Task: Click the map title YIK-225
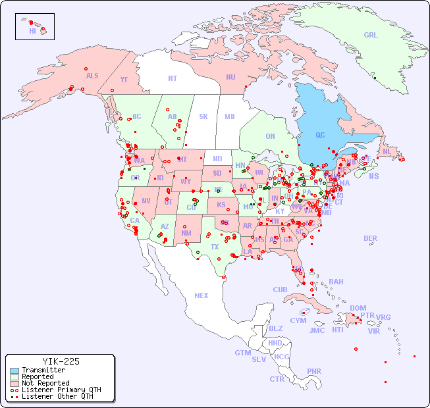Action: (61, 361)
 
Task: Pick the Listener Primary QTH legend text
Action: (61, 390)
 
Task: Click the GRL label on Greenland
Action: (371, 36)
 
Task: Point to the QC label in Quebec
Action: (320, 136)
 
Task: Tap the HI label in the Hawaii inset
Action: (32, 31)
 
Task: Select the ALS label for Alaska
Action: (92, 76)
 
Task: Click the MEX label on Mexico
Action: (202, 296)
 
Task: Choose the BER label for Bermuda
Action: (370, 239)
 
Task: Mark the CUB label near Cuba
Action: (280, 290)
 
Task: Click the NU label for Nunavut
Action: (230, 78)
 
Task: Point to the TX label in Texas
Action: (215, 247)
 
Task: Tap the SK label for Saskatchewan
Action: (203, 117)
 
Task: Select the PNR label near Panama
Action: (314, 371)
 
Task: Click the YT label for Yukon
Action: (124, 80)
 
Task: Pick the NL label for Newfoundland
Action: (387, 151)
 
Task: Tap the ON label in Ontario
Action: (270, 137)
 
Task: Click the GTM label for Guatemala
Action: (242, 353)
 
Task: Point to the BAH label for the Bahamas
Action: (336, 282)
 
